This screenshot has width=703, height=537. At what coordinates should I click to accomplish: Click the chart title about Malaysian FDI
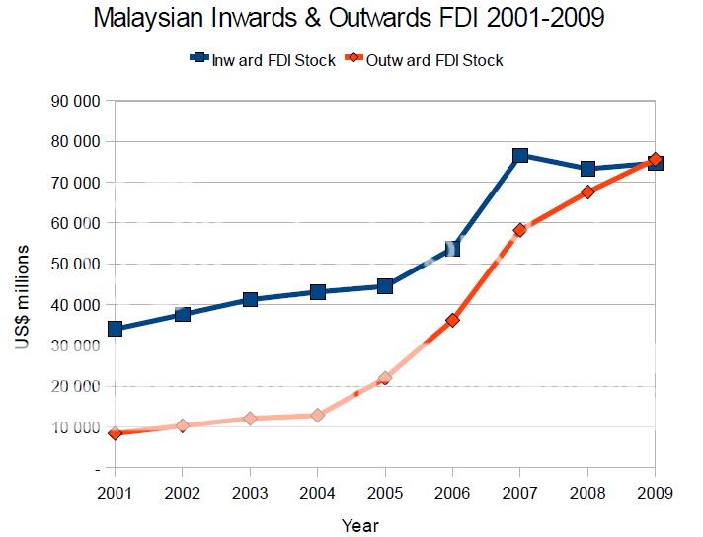[351, 19]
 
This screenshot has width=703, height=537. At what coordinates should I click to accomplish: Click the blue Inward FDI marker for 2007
[519, 156]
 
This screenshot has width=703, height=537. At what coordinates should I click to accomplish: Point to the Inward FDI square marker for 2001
[115, 329]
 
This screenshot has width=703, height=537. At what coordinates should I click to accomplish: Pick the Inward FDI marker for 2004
[317, 292]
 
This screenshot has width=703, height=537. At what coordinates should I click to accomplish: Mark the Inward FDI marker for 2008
[587, 169]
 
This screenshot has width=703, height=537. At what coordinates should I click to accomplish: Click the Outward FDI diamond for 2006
[452, 320]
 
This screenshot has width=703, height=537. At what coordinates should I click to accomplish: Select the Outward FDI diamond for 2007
[519, 230]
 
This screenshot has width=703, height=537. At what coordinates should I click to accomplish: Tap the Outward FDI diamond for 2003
[250, 419]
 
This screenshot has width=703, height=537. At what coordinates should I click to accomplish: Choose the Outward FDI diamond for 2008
[587, 192]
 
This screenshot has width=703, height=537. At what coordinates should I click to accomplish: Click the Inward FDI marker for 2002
[183, 314]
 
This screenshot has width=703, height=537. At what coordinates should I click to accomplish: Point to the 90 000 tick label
[77, 101]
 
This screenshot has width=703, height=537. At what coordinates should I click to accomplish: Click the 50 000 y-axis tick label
[77, 264]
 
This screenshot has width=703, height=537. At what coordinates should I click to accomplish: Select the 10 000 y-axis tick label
[77, 427]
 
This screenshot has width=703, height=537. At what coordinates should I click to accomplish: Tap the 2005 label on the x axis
[385, 490]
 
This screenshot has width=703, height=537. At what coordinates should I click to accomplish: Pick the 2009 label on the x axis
[655, 490]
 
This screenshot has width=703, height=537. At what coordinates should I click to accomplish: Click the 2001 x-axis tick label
[115, 490]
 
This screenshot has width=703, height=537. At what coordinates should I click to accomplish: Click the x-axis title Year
[359, 525]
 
